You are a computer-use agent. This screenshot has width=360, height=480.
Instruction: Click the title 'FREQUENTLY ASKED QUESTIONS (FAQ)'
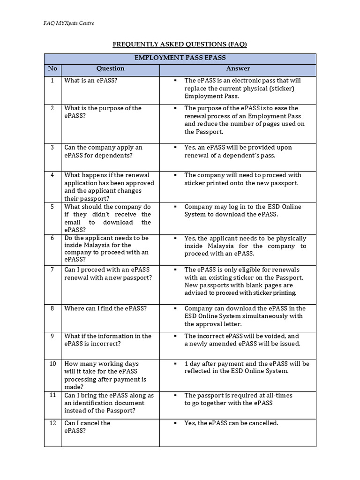[x=180, y=45]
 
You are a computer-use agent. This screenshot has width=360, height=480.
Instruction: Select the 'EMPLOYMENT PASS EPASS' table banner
[x=180, y=58]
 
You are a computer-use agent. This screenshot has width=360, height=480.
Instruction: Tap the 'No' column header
[x=52, y=69]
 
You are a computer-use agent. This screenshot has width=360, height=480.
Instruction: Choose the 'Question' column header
[x=110, y=69]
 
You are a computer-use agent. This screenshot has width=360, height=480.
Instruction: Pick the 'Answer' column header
[x=238, y=69]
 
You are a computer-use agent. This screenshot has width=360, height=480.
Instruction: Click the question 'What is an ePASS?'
[x=91, y=81]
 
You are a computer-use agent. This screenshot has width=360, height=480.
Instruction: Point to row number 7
[x=52, y=270]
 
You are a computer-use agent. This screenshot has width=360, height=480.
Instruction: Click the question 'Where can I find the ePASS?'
[x=105, y=308]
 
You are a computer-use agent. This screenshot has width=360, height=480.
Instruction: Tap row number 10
[x=52, y=364]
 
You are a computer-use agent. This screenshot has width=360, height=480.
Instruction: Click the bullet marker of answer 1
[x=174, y=81]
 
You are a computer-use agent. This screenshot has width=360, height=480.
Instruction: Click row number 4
[x=52, y=175]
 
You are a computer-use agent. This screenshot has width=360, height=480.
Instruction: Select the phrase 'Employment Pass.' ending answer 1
[x=211, y=96]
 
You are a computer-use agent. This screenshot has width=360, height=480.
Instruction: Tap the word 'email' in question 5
[x=73, y=222]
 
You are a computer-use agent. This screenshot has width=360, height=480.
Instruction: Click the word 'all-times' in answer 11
[x=278, y=395]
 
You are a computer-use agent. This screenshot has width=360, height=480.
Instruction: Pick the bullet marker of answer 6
[x=174, y=238]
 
